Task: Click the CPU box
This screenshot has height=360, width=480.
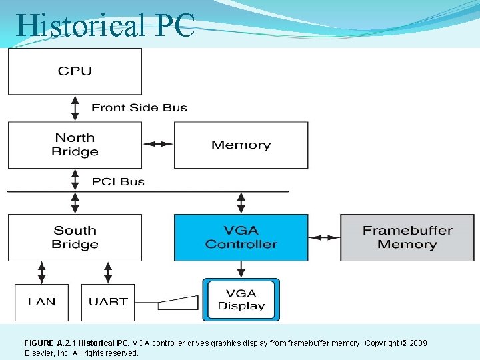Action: tap(75, 71)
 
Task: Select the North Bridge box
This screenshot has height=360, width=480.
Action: tap(75, 145)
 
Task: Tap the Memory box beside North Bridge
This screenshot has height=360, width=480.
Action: tap(241, 145)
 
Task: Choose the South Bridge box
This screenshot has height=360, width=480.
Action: tap(75, 237)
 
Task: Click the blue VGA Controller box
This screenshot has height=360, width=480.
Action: tap(241, 237)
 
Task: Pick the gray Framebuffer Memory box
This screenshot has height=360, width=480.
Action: tap(407, 237)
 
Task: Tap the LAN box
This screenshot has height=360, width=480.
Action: tap(41, 302)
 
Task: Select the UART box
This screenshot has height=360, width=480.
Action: tap(107, 302)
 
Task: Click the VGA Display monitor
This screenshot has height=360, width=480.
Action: tap(241, 300)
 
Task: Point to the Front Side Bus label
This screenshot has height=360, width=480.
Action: tap(139, 107)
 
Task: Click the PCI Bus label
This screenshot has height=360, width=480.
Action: tap(118, 181)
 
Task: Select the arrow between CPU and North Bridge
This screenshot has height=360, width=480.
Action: tap(75, 107)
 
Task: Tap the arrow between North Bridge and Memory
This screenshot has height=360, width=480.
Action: tap(158, 144)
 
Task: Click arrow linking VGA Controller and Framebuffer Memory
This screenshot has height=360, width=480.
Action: tap(324, 237)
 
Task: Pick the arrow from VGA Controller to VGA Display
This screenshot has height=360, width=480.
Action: tap(241, 269)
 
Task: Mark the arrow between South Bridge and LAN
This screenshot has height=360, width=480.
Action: tap(41, 272)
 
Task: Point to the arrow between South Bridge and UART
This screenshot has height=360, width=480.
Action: tap(107, 272)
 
